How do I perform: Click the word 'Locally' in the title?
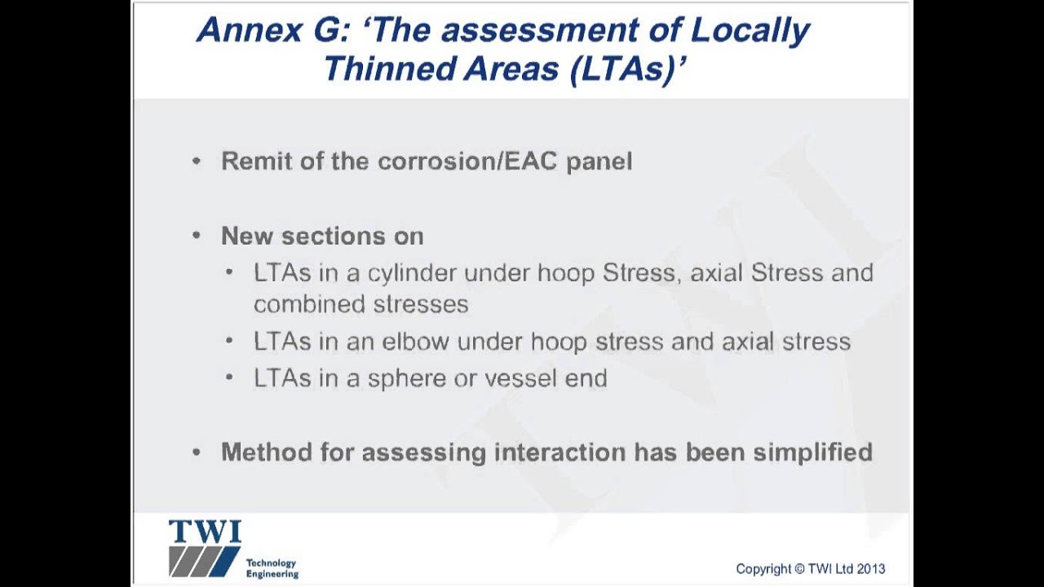coord(750,31)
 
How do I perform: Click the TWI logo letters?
coord(205,532)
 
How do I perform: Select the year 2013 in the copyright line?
coord(871,569)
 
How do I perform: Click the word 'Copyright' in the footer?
coord(763,569)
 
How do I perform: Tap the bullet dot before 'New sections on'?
coord(197,236)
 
